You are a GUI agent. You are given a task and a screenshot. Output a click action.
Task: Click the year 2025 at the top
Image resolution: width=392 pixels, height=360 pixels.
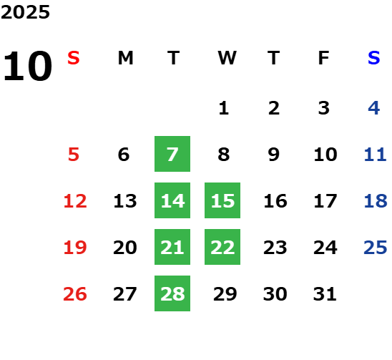(25, 12)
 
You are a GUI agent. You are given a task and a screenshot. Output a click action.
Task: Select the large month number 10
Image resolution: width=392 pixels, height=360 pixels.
(27, 66)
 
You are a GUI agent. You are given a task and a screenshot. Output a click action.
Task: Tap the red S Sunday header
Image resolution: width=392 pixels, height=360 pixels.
(74, 58)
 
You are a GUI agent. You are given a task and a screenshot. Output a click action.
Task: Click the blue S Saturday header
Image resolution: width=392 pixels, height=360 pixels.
(374, 58)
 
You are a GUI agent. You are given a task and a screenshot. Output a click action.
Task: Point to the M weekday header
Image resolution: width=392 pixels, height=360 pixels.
(125, 58)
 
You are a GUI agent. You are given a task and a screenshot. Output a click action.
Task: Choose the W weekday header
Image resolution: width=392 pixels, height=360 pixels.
(227, 58)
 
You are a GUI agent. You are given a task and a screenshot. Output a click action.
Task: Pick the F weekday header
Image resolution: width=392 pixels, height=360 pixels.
(324, 58)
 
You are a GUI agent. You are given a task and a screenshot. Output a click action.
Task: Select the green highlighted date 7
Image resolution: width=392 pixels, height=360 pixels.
(172, 154)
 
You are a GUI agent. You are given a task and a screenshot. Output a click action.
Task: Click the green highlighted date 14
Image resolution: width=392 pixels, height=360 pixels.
(172, 200)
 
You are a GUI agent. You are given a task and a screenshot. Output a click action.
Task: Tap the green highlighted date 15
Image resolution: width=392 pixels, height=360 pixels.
(222, 200)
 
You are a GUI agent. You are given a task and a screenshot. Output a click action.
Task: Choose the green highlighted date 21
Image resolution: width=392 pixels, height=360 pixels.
(172, 247)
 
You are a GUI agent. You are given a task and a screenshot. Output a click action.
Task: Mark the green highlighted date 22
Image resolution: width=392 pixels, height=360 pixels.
(222, 247)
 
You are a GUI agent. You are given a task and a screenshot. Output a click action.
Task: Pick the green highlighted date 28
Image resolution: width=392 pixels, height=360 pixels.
(172, 293)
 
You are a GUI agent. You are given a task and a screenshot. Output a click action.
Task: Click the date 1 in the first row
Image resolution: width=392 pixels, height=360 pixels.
(224, 108)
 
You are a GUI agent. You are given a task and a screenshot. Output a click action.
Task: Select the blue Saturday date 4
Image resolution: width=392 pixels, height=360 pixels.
(374, 108)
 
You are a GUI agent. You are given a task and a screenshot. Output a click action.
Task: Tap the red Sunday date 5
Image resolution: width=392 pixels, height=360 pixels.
(74, 155)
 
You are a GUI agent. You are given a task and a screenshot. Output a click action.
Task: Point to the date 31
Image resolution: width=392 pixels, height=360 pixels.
(325, 294)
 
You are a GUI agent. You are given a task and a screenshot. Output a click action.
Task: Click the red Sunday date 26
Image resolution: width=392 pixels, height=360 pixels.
(75, 294)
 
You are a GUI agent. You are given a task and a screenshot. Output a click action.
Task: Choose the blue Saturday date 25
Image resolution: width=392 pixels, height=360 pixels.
(376, 248)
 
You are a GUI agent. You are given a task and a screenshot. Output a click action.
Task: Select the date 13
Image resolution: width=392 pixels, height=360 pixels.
(125, 201)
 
